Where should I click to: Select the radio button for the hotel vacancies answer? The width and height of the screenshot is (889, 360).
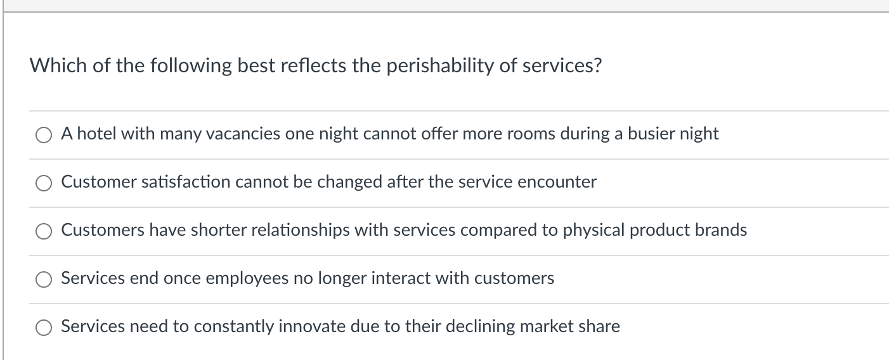click(x=44, y=134)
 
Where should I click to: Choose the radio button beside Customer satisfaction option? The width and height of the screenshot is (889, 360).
click(x=44, y=183)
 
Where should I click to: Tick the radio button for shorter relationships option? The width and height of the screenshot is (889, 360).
click(x=44, y=231)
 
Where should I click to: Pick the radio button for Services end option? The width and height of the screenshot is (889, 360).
click(x=44, y=279)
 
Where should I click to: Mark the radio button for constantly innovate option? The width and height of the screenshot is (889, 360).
click(x=44, y=327)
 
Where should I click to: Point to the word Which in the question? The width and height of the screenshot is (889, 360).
click(x=59, y=66)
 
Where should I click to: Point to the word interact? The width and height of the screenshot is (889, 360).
click(x=403, y=278)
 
